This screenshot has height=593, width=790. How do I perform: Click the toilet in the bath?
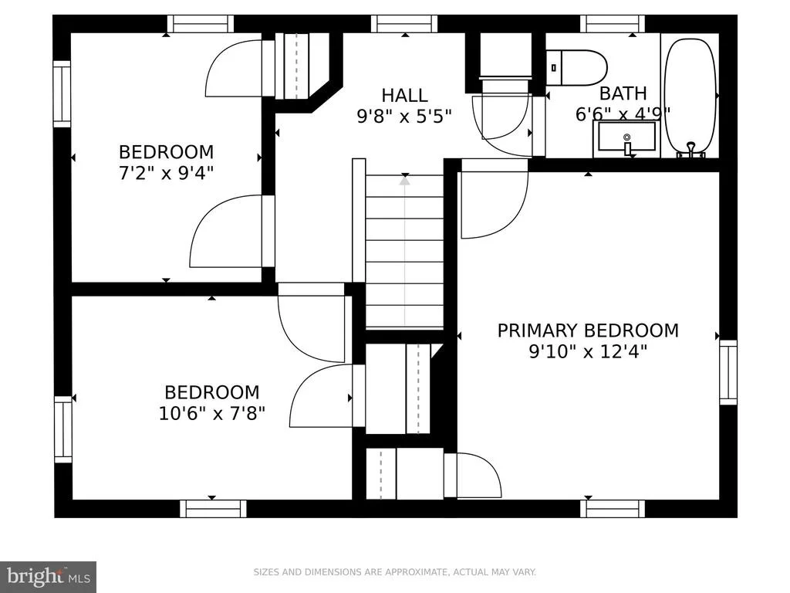point(576,68)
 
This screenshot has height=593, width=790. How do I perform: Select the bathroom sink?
point(626,137)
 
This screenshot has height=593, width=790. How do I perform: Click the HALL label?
point(404,95)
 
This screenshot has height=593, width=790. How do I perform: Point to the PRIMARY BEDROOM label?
point(588,330)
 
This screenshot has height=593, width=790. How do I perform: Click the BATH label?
point(623,93)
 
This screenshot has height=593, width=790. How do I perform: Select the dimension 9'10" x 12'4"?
point(588,351)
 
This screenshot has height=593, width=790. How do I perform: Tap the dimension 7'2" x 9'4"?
point(167,173)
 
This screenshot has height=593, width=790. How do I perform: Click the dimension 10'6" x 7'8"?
point(212,414)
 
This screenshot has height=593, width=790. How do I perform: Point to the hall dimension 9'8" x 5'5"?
point(404,117)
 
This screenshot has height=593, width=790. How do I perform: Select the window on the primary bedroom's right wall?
point(728,372)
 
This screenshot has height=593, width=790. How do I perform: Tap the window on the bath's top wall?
point(612,24)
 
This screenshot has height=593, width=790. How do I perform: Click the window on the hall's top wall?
point(404,24)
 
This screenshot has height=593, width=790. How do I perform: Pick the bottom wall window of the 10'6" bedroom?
point(213,509)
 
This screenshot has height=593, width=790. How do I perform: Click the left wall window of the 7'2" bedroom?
point(62,93)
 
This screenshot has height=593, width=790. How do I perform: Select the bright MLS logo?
point(48,577)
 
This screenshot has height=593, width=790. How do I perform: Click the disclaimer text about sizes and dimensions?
point(394,572)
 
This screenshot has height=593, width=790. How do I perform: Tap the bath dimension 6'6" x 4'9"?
point(623,114)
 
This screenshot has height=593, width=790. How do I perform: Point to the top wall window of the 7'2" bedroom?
point(201,24)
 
